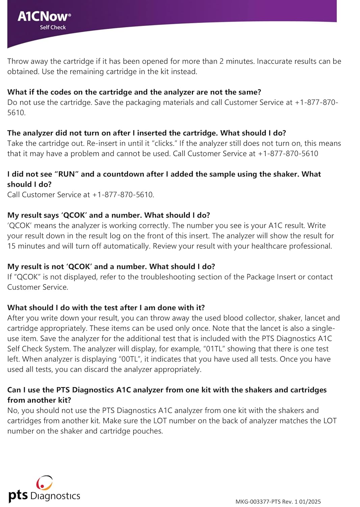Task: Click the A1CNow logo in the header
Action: point(44,16)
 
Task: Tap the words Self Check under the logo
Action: point(53,27)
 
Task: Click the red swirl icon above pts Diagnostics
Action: point(45,482)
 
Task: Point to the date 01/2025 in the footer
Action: point(310,502)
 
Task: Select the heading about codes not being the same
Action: point(134,92)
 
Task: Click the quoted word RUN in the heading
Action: point(67,174)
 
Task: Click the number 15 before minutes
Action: point(11,246)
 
